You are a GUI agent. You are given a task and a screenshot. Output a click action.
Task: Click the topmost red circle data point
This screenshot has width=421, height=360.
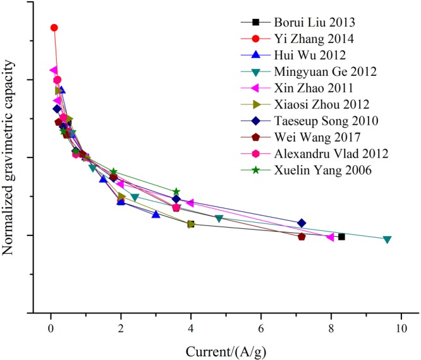(54, 28)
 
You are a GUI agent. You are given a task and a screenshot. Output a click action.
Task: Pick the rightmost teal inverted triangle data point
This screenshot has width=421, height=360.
(387, 239)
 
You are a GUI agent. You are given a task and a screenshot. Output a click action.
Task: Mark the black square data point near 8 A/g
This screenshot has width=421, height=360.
(341, 237)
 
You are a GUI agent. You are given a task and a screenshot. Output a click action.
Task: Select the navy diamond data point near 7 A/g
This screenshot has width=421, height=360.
(302, 223)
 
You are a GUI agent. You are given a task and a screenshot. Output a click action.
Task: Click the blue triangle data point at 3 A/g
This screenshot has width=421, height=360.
(156, 214)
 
